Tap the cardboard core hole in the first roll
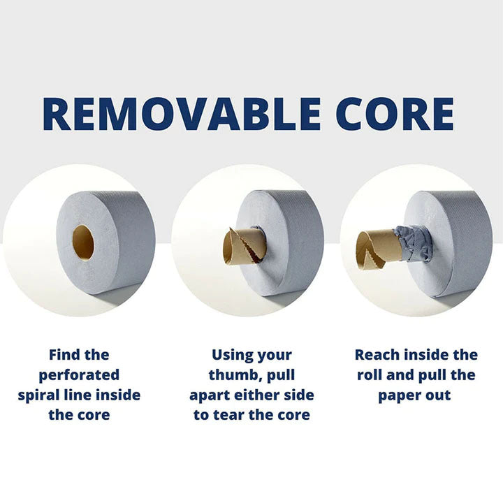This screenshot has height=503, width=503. [83, 241]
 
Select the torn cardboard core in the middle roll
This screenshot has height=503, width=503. [241, 247]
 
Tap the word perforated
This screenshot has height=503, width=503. [79, 375]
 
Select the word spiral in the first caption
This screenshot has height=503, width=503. [41, 395]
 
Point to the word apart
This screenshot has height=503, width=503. [214, 395]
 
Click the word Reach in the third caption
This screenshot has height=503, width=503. [378, 355]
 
